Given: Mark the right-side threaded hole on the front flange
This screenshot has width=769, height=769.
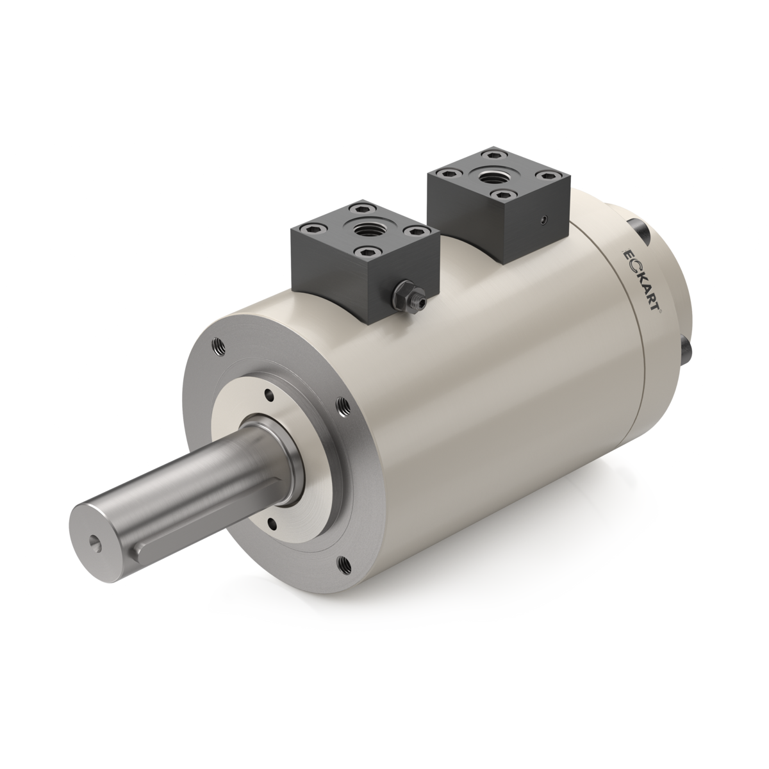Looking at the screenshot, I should tap(343, 405).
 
